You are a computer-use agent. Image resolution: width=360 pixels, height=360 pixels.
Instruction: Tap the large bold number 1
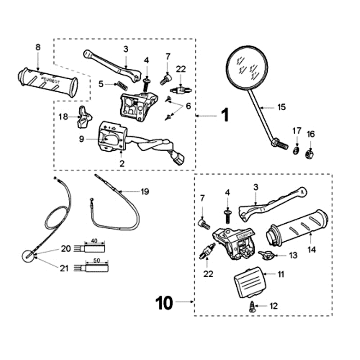[225, 116]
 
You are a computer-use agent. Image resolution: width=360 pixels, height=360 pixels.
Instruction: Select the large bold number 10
[165, 303]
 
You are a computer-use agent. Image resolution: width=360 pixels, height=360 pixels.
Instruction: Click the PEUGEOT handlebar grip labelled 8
[47, 81]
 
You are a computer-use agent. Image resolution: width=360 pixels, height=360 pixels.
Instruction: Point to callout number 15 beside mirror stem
[282, 107]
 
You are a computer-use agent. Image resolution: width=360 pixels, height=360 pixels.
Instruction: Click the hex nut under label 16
[310, 153]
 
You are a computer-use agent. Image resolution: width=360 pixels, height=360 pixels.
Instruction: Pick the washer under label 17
[297, 149]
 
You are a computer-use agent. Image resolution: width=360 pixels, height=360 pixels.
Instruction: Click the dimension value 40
[94, 241]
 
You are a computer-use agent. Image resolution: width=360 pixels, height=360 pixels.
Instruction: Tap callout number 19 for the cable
[144, 192]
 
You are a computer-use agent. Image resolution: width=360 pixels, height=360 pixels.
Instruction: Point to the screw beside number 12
[252, 307]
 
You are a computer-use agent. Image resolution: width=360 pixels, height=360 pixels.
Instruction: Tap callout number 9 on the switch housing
[82, 139]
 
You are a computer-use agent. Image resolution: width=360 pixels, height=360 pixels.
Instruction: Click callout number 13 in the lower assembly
[293, 256]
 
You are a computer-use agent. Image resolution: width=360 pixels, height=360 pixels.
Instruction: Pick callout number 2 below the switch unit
[121, 163]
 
